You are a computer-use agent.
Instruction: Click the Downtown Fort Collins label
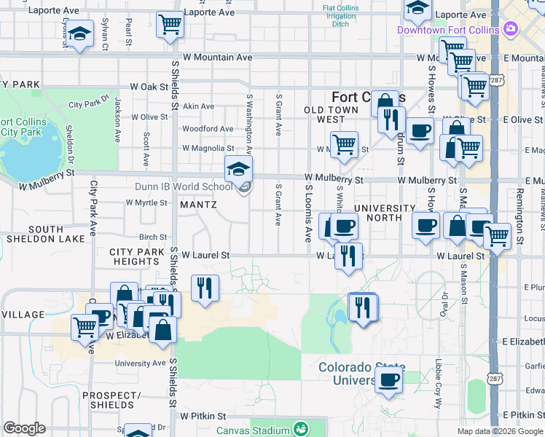448,29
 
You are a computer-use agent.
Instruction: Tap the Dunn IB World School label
184,186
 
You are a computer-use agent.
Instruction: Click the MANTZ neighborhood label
198,205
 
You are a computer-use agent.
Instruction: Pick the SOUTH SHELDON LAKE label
36,234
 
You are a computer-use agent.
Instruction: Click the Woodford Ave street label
208,129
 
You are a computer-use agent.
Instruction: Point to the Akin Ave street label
198,106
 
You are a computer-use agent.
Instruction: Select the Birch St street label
153,237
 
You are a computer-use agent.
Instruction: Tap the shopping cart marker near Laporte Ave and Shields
170,25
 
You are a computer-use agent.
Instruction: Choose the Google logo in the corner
24,428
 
